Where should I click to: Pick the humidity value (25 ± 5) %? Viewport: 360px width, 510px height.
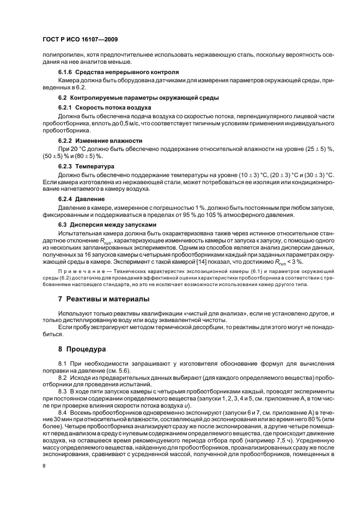pyautogui.click(x=307, y=149)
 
